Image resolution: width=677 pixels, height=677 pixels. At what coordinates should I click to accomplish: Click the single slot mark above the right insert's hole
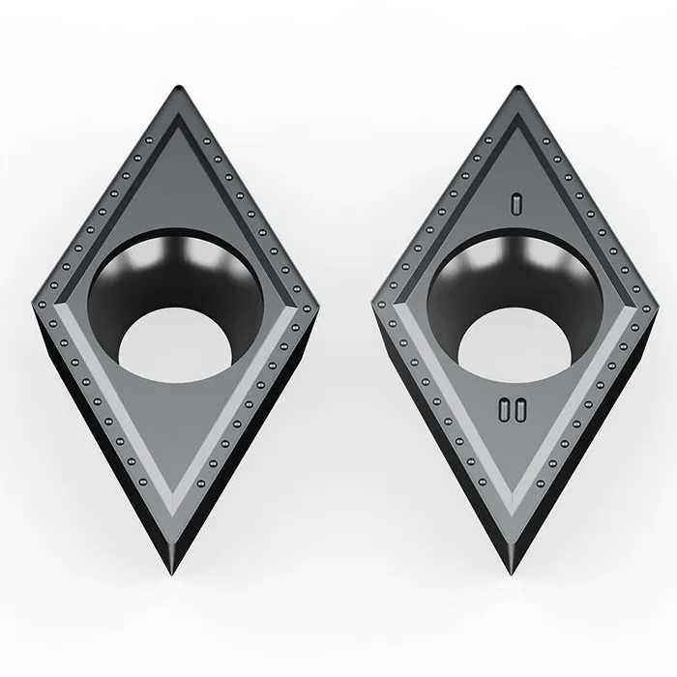[517, 202]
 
